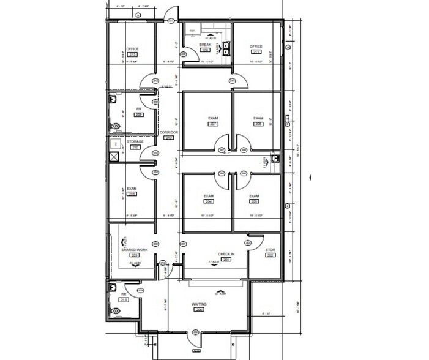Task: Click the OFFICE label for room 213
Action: pyautogui.click(x=132, y=48)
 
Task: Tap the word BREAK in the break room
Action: pyautogui.click(x=205, y=45)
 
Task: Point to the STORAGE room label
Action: pyautogui.click(x=135, y=141)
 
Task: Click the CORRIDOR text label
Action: pyautogui.click(x=168, y=132)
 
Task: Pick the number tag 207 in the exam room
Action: pyautogui.click(x=213, y=124)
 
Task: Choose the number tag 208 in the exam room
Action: pyautogui.click(x=259, y=124)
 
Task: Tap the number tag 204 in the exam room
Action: pyautogui.click(x=208, y=201)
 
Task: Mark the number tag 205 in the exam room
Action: pyautogui.click(x=254, y=201)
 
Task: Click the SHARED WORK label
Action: pyautogui.click(x=134, y=249)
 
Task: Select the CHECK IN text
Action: pyautogui.click(x=226, y=253)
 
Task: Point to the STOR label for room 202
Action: pyautogui.click(x=270, y=250)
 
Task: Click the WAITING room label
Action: pyautogui.click(x=198, y=304)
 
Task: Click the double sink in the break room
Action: pyautogui.click(x=227, y=48)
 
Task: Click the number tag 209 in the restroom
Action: pyautogui.click(x=139, y=114)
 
